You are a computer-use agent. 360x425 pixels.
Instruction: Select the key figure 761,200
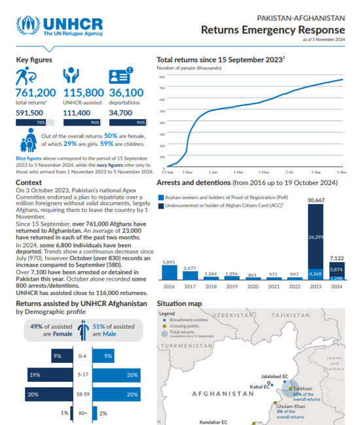(x=35, y=93)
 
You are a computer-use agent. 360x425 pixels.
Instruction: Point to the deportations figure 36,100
(x=126, y=93)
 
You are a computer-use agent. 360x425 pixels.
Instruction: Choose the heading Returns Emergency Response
(x=272, y=30)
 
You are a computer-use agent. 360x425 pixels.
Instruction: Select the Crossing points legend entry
(x=187, y=326)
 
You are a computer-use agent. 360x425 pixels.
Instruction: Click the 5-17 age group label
(x=82, y=375)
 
